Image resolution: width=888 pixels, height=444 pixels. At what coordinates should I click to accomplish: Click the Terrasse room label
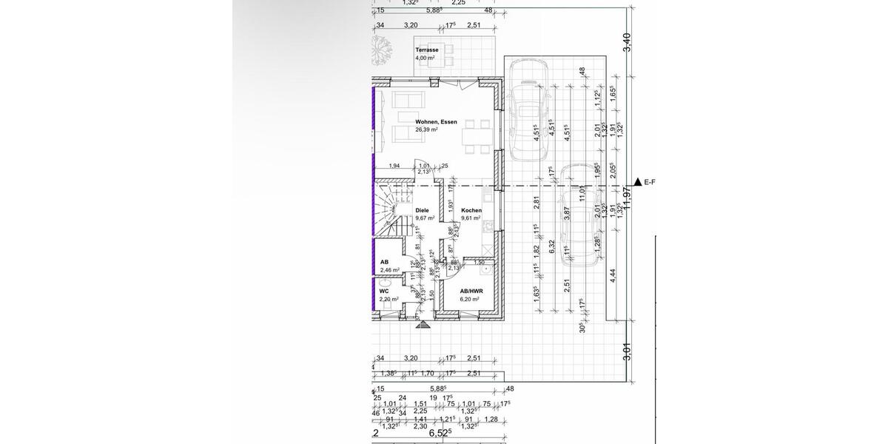(427, 50)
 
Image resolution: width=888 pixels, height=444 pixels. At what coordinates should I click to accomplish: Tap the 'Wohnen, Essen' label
(436, 121)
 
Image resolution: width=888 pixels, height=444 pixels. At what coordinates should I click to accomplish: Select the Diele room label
(422, 210)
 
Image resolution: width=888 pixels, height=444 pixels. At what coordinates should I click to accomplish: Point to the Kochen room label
(471, 210)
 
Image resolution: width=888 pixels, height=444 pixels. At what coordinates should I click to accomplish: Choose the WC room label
(385, 291)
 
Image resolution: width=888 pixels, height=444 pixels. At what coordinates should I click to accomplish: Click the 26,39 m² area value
(426, 129)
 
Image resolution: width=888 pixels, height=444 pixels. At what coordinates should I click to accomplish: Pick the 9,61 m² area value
(471, 218)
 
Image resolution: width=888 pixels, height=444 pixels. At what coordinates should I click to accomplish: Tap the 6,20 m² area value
(469, 299)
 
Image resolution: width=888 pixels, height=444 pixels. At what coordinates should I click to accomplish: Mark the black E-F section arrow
(637, 181)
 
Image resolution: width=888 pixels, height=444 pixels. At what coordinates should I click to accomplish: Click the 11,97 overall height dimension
(628, 196)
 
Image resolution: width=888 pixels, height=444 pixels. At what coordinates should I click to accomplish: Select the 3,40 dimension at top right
(628, 42)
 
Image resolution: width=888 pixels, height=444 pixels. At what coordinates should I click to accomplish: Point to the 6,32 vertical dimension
(551, 246)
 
